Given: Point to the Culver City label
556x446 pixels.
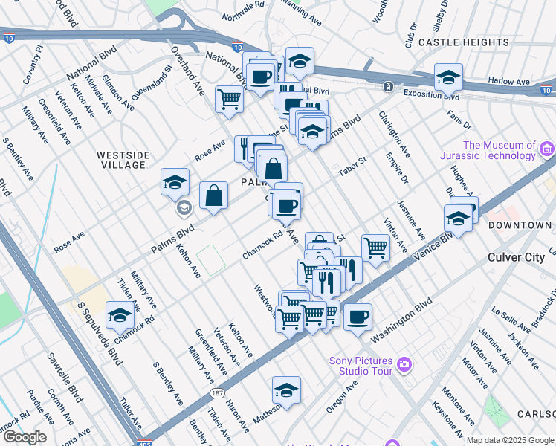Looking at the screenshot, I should [516, 257].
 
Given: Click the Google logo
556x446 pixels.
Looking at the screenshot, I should [25, 437].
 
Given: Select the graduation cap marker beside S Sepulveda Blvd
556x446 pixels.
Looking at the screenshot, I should [120, 316].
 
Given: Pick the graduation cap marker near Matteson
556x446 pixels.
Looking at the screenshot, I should [286, 390].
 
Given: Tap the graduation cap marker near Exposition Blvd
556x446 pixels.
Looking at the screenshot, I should [448, 77].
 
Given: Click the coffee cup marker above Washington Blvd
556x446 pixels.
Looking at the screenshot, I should [358, 317].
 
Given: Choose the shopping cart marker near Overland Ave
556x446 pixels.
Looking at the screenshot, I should [230, 98].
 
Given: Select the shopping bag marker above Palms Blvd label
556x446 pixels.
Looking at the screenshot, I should [213, 196].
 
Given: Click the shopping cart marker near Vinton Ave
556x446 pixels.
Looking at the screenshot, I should [375, 248].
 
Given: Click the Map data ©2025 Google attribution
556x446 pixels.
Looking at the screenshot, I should [510, 440].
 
